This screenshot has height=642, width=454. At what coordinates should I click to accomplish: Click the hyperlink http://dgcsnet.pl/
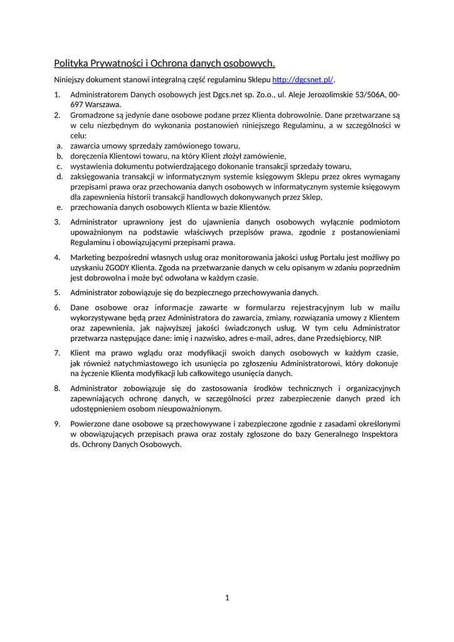click(302, 80)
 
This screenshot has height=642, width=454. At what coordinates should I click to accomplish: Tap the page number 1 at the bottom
click(227, 597)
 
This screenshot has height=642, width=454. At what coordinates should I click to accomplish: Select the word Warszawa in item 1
click(104, 105)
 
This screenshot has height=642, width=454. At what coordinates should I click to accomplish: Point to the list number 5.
click(57, 292)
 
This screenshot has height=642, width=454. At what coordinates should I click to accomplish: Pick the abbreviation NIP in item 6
click(375, 338)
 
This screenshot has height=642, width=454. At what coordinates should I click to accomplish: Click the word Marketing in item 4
click(87, 257)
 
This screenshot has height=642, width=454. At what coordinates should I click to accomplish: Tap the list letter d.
click(58, 176)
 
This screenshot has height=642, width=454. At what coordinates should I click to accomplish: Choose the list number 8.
click(57, 388)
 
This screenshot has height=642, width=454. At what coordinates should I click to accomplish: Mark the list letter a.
click(58, 145)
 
